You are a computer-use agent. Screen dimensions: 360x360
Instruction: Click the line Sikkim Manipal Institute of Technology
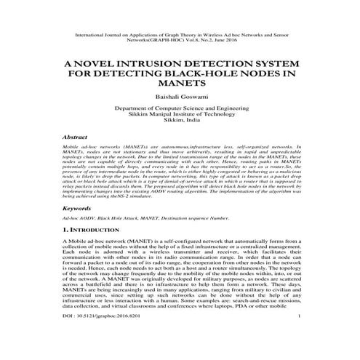click(180, 115)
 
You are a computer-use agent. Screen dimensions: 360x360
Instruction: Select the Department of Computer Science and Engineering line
click(180, 108)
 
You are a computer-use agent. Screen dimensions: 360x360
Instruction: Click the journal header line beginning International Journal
click(180, 34)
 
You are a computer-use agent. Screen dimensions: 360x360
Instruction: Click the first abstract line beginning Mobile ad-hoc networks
click(180, 146)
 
